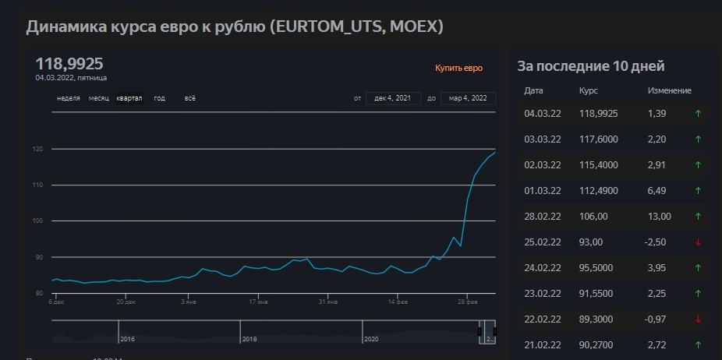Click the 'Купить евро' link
(x=458, y=69)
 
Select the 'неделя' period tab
(x=69, y=98)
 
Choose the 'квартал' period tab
(x=129, y=98)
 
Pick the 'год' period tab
(x=160, y=98)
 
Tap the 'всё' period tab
(x=190, y=98)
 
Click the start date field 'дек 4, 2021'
(x=393, y=98)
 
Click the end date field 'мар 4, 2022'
(x=468, y=98)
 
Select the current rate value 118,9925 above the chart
(x=69, y=64)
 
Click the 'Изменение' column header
(x=669, y=91)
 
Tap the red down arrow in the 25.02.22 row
(x=698, y=242)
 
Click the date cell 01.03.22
(x=543, y=191)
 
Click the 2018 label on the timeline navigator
(x=250, y=339)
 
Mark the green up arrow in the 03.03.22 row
(x=698, y=139)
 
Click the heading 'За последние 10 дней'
(x=591, y=67)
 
